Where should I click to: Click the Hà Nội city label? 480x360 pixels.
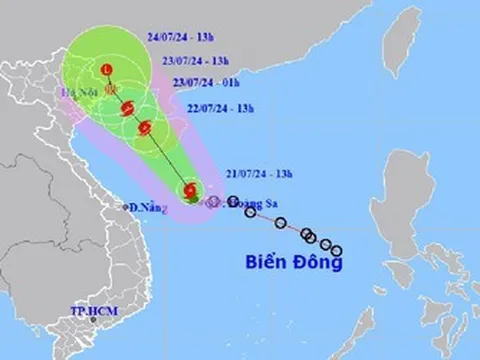pos(77,93)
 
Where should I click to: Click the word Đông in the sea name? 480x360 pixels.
pos(319,263)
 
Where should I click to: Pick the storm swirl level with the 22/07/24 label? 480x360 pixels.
pos(147,127)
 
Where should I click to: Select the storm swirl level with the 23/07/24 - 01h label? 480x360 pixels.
pos(125,106)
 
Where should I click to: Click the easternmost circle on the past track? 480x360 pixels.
pos(337,250)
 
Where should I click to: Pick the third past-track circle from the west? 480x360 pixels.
pos(281,223)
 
